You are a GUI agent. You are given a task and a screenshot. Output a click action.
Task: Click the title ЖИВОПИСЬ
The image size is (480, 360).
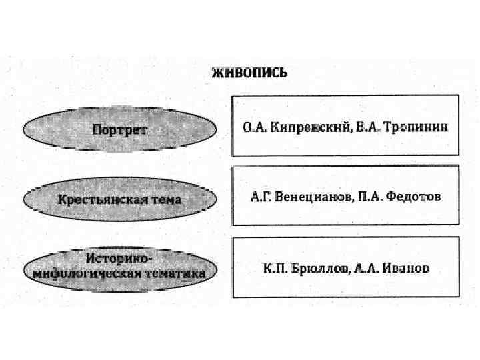pos(249,73)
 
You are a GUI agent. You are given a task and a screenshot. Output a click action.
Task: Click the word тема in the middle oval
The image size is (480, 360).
pos(166,199)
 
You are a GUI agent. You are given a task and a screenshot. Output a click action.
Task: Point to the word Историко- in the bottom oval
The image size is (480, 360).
pos(119,258)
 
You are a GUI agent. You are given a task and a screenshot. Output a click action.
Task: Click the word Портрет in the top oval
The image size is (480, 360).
pos(120,129)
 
